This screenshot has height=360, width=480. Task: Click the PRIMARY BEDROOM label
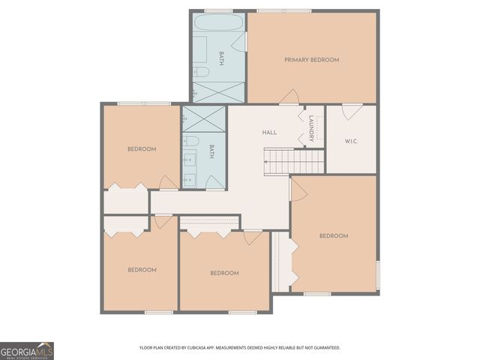[x=311, y=60]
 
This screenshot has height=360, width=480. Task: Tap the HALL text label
[x=269, y=133]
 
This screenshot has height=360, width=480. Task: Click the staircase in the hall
[x=293, y=160]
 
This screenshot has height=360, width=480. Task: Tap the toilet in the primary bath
[x=201, y=72]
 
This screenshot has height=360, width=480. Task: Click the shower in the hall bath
[x=203, y=119]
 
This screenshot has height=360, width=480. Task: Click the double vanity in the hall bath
[x=189, y=168]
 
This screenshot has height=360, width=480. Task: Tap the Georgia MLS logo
[x=27, y=350]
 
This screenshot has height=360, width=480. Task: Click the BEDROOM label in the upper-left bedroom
[x=141, y=149]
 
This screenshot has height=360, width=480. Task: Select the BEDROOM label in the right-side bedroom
[x=334, y=236]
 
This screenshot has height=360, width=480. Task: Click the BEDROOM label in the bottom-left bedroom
[x=141, y=270]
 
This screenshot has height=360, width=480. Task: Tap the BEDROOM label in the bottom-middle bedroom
[x=224, y=273]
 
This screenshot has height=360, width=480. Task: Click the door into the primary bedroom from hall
[x=289, y=97]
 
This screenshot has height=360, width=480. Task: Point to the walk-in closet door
[x=352, y=111]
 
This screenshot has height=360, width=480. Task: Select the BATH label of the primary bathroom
[x=221, y=58]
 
